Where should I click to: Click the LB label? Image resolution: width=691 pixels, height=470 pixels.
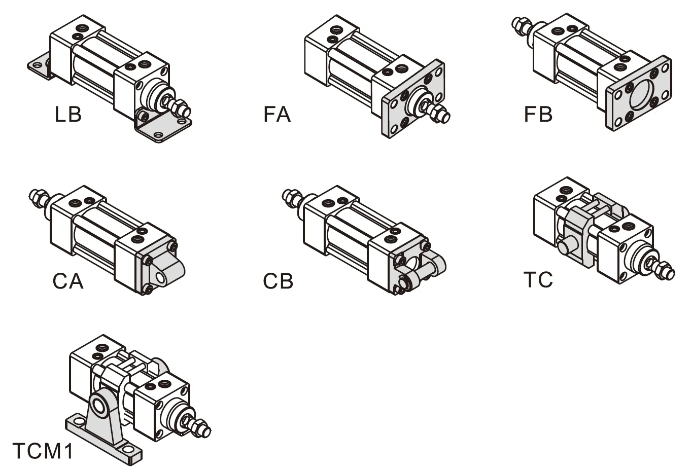(x=68, y=115)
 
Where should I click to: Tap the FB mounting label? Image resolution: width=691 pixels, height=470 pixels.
(x=538, y=115)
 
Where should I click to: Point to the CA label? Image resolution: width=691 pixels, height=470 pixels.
(x=68, y=281)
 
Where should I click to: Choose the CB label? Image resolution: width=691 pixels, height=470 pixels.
(x=278, y=281)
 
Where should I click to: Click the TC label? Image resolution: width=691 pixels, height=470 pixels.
(x=538, y=279)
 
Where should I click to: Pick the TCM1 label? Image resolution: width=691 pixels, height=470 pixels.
(x=43, y=451)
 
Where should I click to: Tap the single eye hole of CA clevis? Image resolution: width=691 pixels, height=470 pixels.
(x=161, y=278)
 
